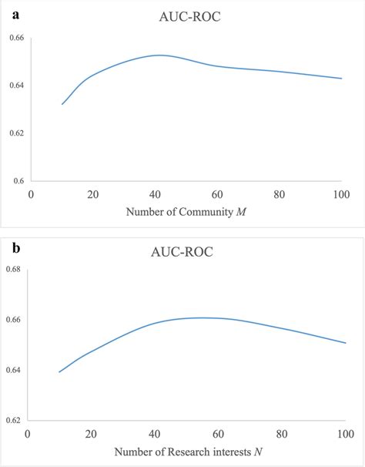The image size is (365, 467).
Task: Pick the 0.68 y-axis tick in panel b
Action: point(15,269)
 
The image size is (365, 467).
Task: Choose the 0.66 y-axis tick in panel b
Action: point(15,319)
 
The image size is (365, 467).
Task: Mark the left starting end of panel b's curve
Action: point(59,372)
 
